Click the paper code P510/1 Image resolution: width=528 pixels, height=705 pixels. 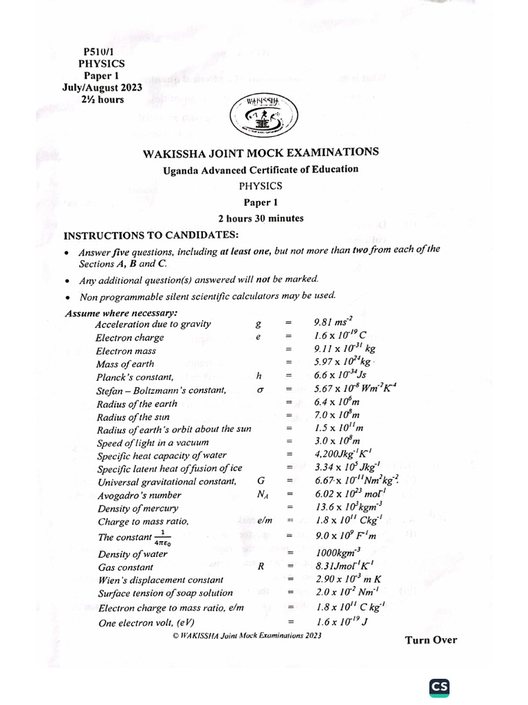click(x=101, y=51)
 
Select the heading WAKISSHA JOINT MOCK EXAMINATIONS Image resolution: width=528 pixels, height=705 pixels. click(x=261, y=153)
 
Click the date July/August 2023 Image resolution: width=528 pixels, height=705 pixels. click(x=102, y=87)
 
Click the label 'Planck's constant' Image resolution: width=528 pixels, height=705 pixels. click(x=135, y=377)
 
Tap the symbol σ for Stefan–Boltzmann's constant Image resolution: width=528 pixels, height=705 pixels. click(x=260, y=390)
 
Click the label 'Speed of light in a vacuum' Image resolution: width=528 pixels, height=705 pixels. click(x=152, y=443)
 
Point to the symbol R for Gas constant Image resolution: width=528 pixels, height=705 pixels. click(x=261, y=567)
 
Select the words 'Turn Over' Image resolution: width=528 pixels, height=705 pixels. click(x=430, y=640)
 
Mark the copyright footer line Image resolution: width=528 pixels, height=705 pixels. click(x=247, y=635)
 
